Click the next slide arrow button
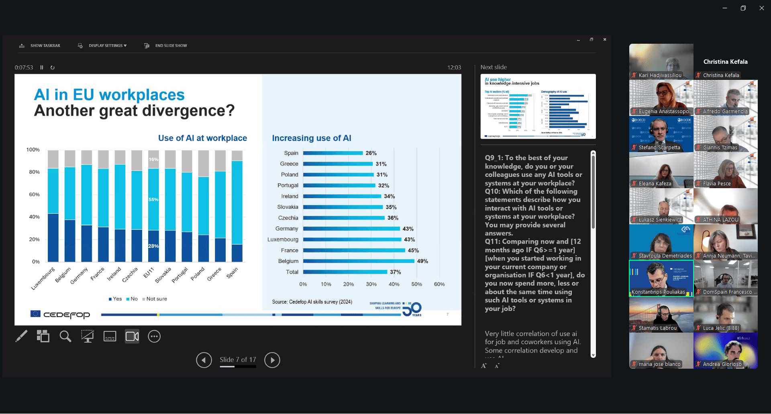pyautogui.click(x=272, y=360)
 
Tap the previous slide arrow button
pyautogui.click(x=204, y=360)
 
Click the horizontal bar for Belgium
pyautogui.click(x=359, y=261)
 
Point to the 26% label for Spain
pyautogui.click(x=371, y=153)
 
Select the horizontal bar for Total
pyautogui.click(x=345, y=272)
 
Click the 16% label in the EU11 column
pyautogui.click(x=153, y=159)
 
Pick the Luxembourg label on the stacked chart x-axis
pyautogui.click(x=43, y=278)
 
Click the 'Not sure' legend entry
pyautogui.click(x=155, y=299)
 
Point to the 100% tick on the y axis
pyautogui.click(x=33, y=150)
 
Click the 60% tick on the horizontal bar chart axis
pyautogui.click(x=439, y=284)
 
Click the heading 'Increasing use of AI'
pyautogui.click(x=312, y=138)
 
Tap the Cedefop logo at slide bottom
pyautogui.click(x=60, y=315)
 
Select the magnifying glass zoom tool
pyautogui.click(x=65, y=336)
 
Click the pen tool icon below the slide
pyautogui.click(x=21, y=336)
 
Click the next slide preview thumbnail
pyautogui.click(x=538, y=106)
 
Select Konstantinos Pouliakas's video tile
pyautogui.click(x=661, y=278)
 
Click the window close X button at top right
pyautogui.click(x=761, y=8)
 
